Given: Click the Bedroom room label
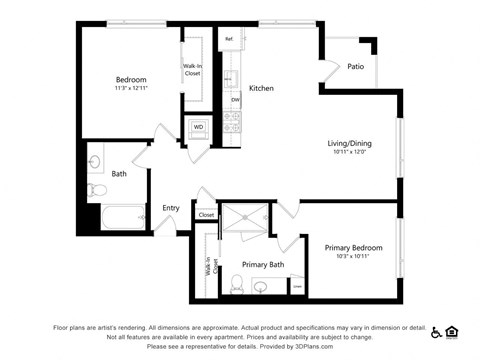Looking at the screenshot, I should point(130,80).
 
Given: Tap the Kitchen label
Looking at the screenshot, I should point(261,88).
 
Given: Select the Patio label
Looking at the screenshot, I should point(355,67).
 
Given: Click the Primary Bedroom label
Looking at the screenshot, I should point(352,246).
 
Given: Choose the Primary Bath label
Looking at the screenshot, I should point(263,265).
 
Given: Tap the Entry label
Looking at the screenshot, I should point(171,208).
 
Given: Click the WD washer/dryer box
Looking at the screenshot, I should point(198,128).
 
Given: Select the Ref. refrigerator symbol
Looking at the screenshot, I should point(229,40).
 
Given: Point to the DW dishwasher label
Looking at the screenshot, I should point(235,100).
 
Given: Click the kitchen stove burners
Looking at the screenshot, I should point(232,123).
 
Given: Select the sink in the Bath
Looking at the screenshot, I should point(96,160).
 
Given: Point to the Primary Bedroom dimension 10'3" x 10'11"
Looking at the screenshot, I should point(352,257).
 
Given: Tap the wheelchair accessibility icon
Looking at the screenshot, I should point(437,333).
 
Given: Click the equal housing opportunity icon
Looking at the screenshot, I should point(452,333).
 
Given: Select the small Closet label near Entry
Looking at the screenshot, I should point(206,215).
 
